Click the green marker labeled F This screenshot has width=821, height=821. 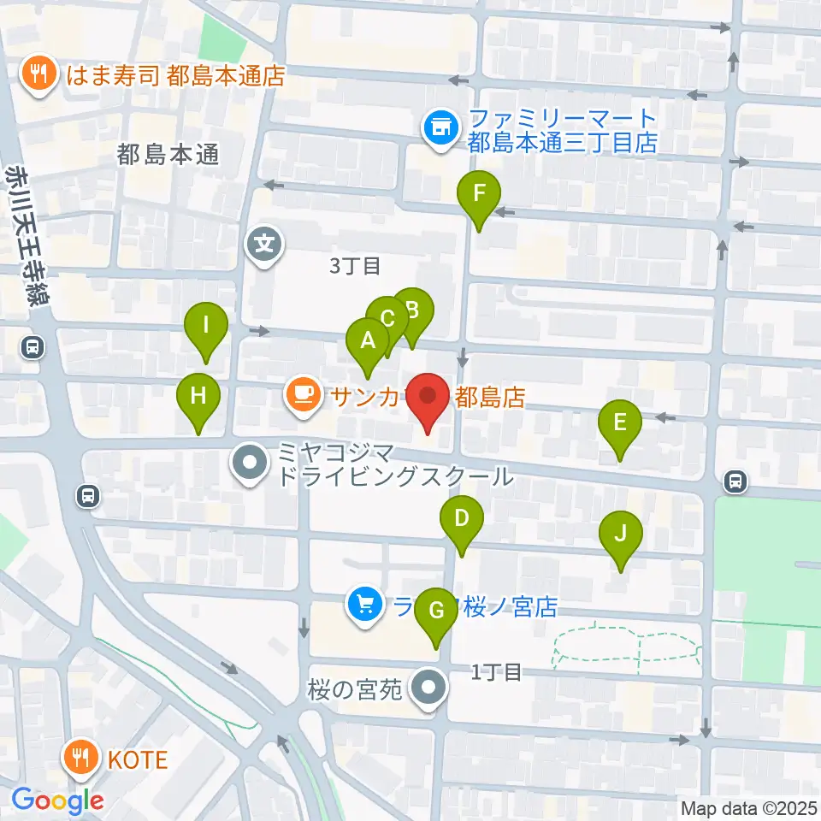pos(479,196)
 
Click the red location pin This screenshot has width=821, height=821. pos(428,399)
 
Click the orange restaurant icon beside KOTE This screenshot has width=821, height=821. pos(83,757)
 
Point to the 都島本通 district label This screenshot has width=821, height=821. pos(168,155)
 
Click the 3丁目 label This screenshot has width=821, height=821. pos(355,266)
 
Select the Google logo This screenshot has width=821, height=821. pos(58,800)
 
